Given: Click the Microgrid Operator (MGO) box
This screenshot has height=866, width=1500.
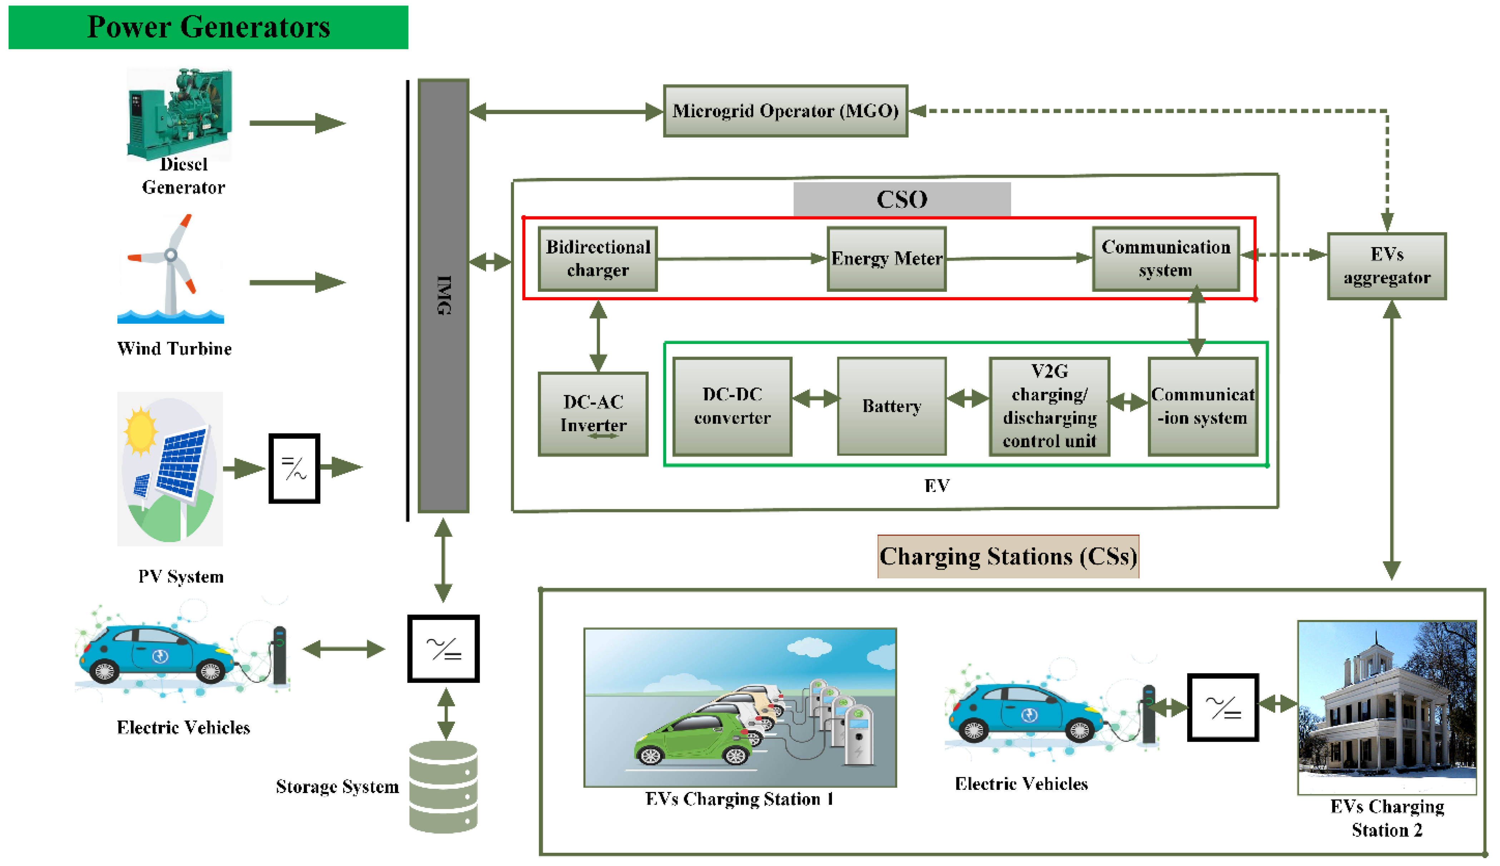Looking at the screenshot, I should pyautogui.click(x=785, y=111).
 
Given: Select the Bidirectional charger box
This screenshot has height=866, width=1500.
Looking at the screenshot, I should pyautogui.click(x=598, y=259).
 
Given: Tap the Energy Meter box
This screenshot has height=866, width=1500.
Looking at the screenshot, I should pyautogui.click(x=886, y=259).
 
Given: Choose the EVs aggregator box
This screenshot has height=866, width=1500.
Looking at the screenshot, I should pyautogui.click(x=1386, y=266).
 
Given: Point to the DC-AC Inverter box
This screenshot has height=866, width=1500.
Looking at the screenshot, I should pyautogui.click(x=593, y=414).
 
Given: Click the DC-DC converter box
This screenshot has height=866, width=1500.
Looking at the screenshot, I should pyautogui.click(x=732, y=406).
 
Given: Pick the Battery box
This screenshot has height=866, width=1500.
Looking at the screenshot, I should pyautogui.click(x=891, y=406).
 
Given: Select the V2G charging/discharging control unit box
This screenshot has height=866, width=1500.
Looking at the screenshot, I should pyautogui.click(x=1049, y=406).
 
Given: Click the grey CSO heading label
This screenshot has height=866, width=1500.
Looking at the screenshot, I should pyautogui.click(x=901, y=199).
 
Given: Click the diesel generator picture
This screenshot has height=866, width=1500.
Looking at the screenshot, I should pyautogui.click(x=179, y=113).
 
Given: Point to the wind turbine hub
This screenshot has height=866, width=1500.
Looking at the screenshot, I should pyautogui.click(x=170, y=255).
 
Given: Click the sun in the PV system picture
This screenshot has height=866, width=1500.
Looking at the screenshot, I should pyautogui.click(x=140, y=429).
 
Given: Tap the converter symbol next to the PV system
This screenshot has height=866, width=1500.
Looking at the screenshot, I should pyautogui.click(x=294, y=468).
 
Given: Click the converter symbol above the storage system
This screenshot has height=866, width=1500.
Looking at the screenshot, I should pyautogui.click(x=444, y=648).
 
